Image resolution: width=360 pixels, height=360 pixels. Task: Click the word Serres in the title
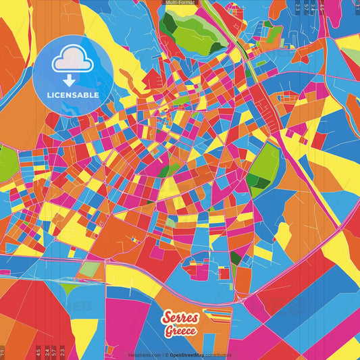(x=180, y=319)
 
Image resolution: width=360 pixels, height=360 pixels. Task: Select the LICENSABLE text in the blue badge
(x=73, y=95)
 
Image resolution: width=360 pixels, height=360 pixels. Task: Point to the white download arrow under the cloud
(x=73, y=80)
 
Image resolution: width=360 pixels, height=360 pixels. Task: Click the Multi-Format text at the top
(x=180, y=3)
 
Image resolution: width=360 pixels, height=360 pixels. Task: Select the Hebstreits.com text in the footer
(x=145, y=354)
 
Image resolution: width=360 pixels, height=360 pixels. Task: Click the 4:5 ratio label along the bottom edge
(x=38, y=352)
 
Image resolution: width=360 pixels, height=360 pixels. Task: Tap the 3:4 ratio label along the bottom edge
(x=47, y=352)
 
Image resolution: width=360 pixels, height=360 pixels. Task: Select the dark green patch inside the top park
(x=169, y=24)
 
